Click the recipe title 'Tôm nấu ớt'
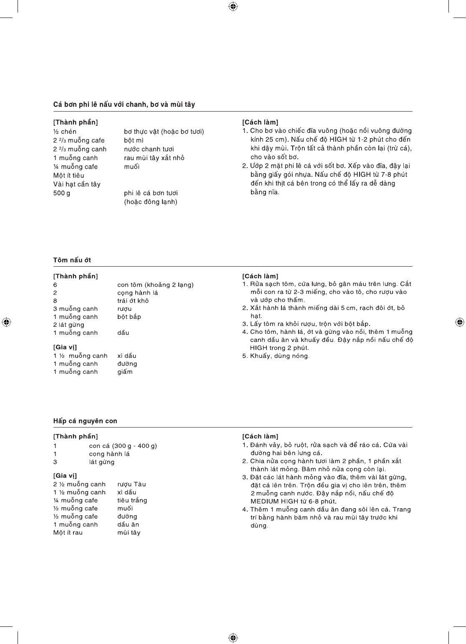[x=72, y=260]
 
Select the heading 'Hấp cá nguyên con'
[x=85, y=421]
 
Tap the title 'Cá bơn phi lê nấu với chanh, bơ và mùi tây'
[x=124, y=104]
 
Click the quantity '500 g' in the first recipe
[x=62, y=193]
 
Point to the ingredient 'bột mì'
[x=134, y=140]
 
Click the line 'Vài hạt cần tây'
[x=77, y=184]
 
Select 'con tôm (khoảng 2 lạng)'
[x=155, y=285]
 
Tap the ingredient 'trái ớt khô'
[x=133, y=301]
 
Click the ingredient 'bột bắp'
[x=129, y=317]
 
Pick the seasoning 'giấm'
[x=125, y=372]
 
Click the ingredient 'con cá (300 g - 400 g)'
[x=123, y=446]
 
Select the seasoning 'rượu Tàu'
[x=132, y=484]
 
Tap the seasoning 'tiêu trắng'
[x=132, y=500]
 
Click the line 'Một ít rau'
[x=68, y=532]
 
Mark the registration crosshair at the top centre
[x=233, y=6]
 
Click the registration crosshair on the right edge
[x=459, y=322]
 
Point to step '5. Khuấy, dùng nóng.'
[x=276, y=356]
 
